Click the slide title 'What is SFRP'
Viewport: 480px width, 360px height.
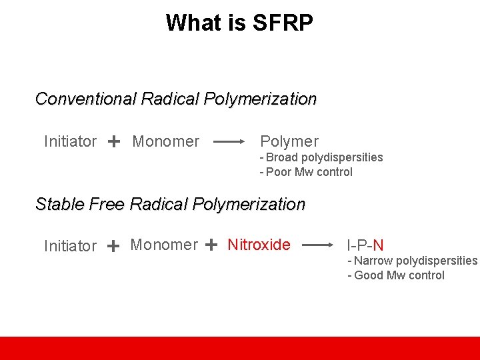(239, 23)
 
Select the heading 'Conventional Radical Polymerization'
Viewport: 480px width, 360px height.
(175, 99)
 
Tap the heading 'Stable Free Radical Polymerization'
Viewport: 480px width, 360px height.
(170, 204)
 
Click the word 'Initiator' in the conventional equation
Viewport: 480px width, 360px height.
(70, 141)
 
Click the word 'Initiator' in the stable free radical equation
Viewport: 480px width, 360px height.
(70, 246)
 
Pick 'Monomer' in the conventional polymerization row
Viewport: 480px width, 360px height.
(166, 141)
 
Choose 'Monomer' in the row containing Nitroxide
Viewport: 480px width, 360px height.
(164, 245)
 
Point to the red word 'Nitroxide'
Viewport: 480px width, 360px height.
(259, 245)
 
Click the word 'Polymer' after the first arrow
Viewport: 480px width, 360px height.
(289, 141)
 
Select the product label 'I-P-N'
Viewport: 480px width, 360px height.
(365, 246)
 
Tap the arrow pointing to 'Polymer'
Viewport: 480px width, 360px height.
(229, 141)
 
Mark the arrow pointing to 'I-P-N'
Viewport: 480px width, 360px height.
(318, 245)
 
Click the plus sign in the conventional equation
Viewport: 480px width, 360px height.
(114, 141)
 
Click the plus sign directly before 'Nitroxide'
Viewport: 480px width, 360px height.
(211, 245)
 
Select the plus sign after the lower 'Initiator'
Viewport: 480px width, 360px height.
(113, 246)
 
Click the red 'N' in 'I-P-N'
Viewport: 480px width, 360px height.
(378, 246)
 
